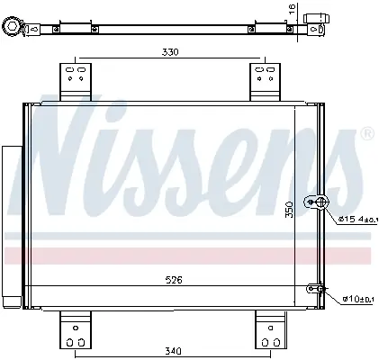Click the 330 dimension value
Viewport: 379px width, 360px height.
pyautogui.click(x=170, y=52)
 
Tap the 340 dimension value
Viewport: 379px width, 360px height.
pyautogui.click(x=173, y=350)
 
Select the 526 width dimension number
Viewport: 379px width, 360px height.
pyautogui.click(x=174, y=280)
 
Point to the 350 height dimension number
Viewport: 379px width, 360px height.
pyautogui.click(x=289, y=210)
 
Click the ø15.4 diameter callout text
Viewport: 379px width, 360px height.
pyautogui.click(x=356, y=220)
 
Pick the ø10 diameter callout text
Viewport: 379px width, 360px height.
pyautogui.click(x=358, y=299)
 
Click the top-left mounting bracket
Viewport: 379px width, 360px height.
pyautogui.click(x=76, y=82)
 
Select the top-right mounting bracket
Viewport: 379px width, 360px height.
pyautogui.click(x=266, y=82)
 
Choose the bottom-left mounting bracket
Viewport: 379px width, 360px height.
pyautogui.click(x=76, y=330)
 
